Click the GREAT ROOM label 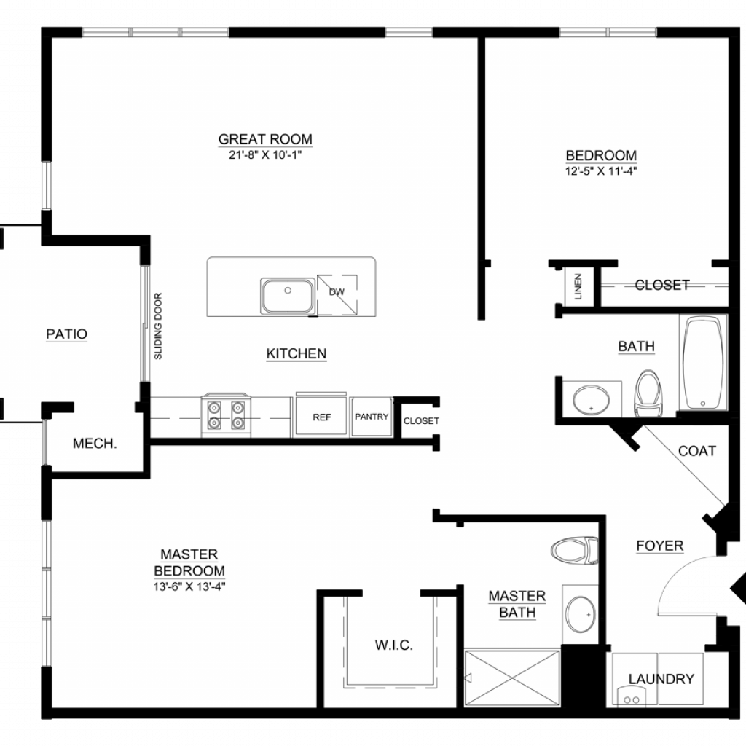pyautogui.click(x=265, y=139)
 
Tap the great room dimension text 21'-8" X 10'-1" pyautogui.click(x=265, y=155)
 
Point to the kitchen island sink pyautogui.click(x=287, y=296)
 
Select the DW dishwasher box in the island pyautogui.click(x=337, y=295)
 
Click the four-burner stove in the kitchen pyautogui.click(x=226, y=415)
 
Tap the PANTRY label pyautogui.click(x=372, y=417)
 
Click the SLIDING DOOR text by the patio pyautogui.click(x=158, y=326)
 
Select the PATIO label pyautogui.click(x=66, y=334)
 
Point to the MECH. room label pyautogui.click(x=95, y=444)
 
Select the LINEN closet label pyautogui.click(x=578, y=286)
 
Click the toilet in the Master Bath pyautogui.click(x=574, y=550)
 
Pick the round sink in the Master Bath pyautogui.click(x=580, y=615)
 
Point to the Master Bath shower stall pyautogui.click(x=512, y=678)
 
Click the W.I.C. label pyautogui.click(x=394, y=645)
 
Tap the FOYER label pyautogui.click(x=660, y=546)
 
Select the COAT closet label pyautogui.click(x=697, y=451)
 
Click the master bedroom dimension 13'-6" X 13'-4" pyautogui.click(x=189, y=586)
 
